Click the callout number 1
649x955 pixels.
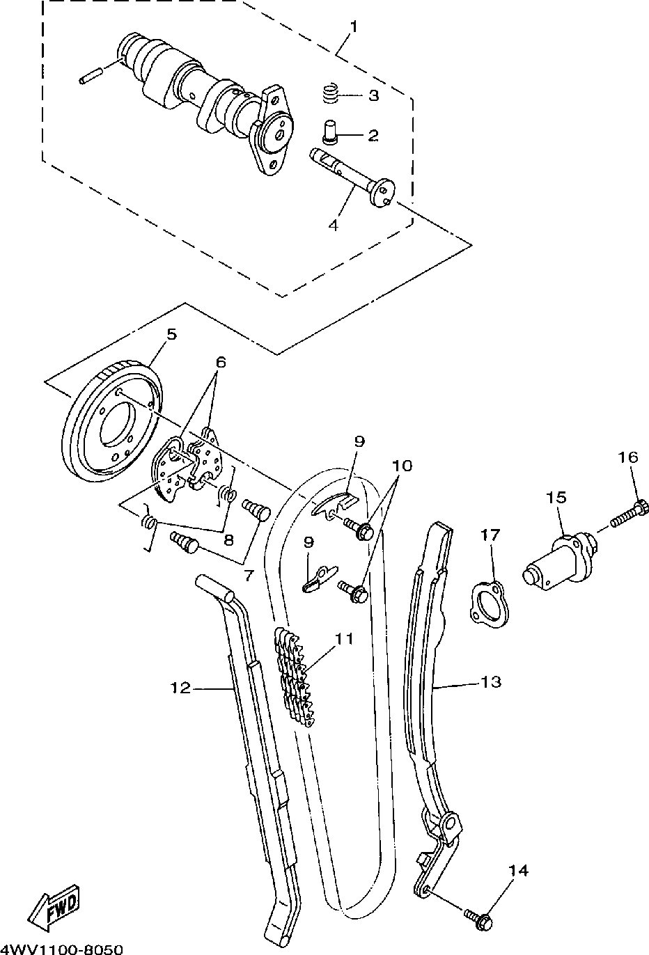coord(353,27)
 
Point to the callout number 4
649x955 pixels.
coord(334,226)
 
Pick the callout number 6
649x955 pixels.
coord(221,362)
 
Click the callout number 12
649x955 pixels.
coord(180,688)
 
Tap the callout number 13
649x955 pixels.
coord(491,682)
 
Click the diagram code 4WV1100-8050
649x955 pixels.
coord(62,949)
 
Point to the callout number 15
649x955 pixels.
coord(556,498)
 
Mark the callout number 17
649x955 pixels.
coord(490,535)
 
